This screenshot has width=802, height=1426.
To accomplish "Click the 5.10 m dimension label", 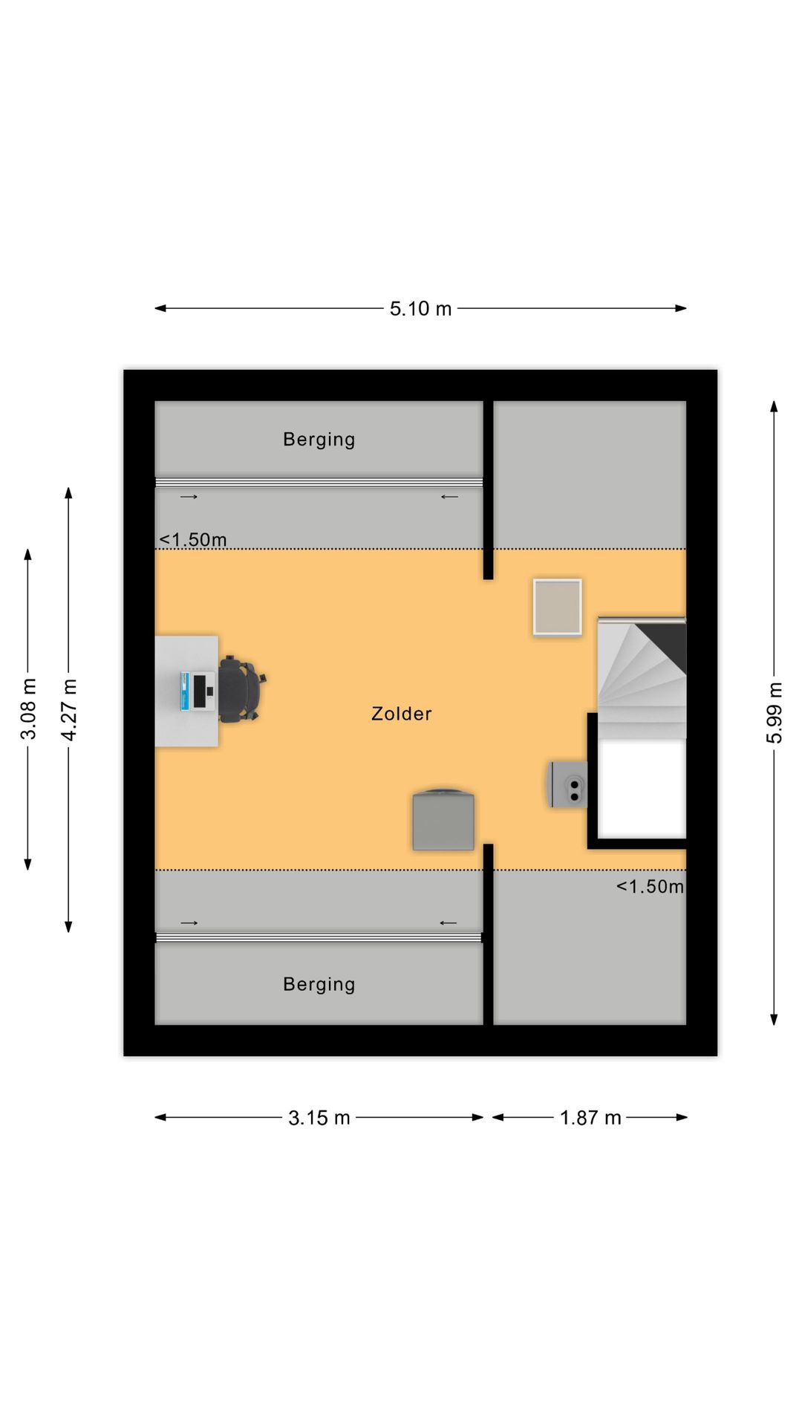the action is click(x=420, y=308).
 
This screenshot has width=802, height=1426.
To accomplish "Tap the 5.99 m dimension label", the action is click(x=775, y=713).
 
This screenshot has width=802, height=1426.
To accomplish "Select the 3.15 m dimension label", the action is click(x=319, y=1118).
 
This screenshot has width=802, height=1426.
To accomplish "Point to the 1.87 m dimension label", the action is click(x=590, y=1118).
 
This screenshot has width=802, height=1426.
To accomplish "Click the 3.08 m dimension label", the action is click(x=28, y=709).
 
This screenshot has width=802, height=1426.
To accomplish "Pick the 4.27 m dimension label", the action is click(x=69, y=709).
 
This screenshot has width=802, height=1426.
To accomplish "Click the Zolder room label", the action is click(x=402, y=714).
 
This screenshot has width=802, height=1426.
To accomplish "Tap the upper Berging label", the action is click(x=319, y=440).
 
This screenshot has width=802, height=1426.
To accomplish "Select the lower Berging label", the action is click(x=319, y=985).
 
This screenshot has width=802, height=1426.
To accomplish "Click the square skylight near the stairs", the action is click(x=557, y=608).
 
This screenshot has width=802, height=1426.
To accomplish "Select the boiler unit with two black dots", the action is click(x=568, y=784).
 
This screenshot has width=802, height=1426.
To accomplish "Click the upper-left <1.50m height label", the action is click(x=193, y=540).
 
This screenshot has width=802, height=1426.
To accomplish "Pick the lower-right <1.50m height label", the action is click(x=650, y=887).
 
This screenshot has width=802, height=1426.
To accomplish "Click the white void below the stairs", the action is click(x=642, y=788).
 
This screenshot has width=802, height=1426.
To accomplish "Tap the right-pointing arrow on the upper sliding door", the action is click(x=189, y=497).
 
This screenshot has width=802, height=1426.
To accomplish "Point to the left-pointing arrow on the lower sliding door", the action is click(x=449, y=923).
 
